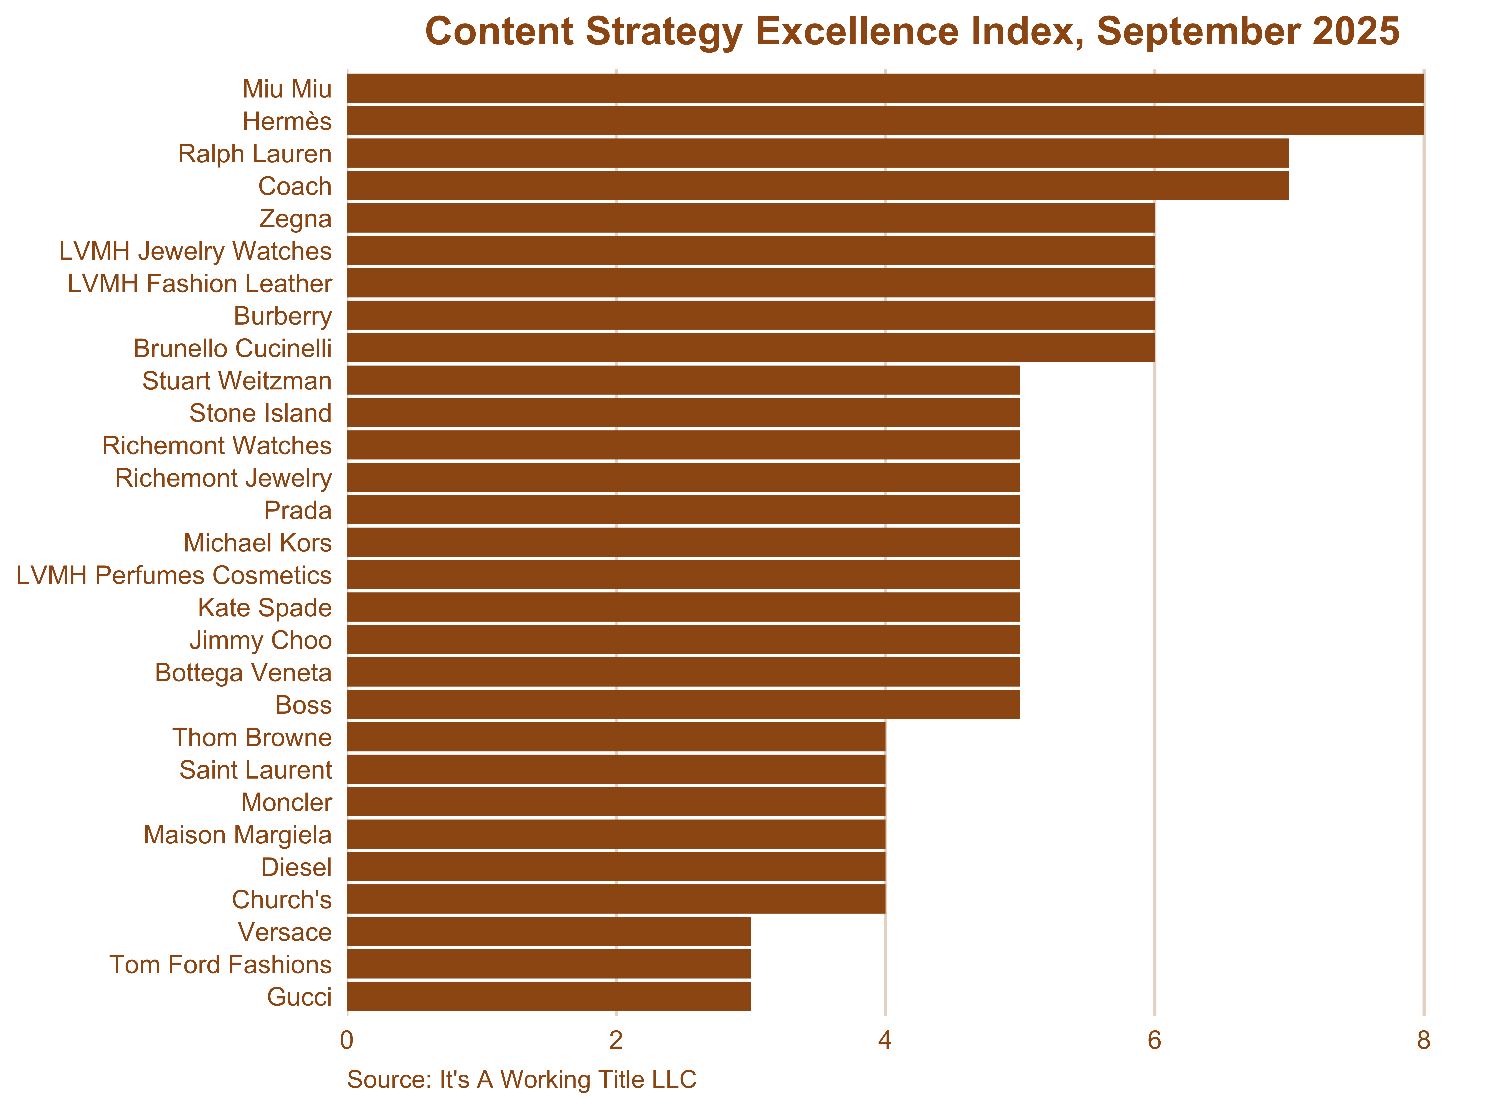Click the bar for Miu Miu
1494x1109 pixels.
(885, 89)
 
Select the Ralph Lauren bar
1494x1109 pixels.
(818, 154)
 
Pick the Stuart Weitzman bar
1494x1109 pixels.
(683, 381)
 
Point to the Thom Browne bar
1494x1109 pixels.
(616, 737)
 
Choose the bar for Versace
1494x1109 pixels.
(549, 932)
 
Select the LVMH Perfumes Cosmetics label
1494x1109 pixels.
(174, 575)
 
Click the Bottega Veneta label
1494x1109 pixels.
(243, 673)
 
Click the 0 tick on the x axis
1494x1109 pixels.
(347, 1041)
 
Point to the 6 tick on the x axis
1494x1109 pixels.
(1154, 1041)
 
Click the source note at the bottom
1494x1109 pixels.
(521, 1079)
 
